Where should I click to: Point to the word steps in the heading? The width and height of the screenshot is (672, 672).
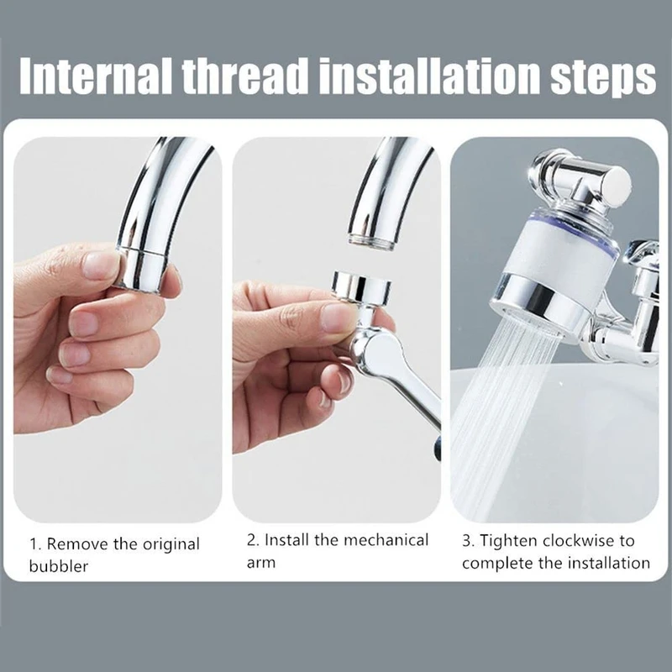tap(602, 77)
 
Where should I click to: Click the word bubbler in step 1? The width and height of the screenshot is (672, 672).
tap(59, 566)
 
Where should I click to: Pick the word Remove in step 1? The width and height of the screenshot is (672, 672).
tap(77, 543)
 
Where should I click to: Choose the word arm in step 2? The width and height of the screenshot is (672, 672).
tap(261, 563)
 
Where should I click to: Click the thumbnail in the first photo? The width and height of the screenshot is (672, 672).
tap(102, 265)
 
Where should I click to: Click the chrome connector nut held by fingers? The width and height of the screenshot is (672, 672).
tap(362, 286)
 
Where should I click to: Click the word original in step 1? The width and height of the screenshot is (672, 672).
tap(171, 545)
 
